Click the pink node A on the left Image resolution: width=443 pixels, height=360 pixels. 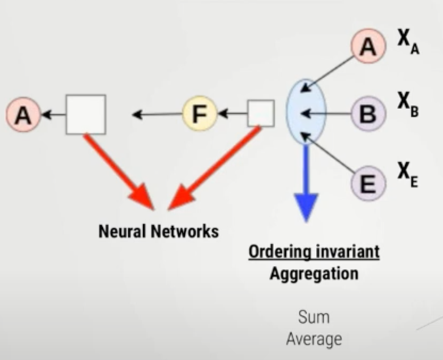(x=22, y=114)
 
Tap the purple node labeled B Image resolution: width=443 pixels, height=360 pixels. (x=368, y=114)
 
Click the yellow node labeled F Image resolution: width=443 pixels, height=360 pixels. (x=199, y=114)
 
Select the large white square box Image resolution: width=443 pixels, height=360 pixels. (x=86, y=114)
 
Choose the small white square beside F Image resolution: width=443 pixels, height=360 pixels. (x=261, y=113)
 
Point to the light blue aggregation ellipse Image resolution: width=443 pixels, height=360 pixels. (x=306, y=111)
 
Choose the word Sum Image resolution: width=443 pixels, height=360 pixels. (x=314, y=317)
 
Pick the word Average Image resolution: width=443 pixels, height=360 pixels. (x=314, y=339)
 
